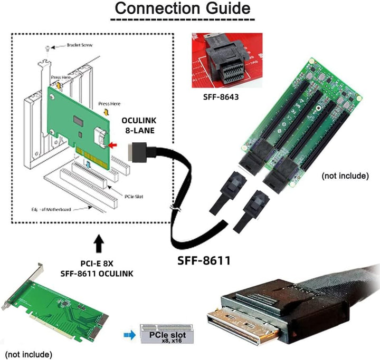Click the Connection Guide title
coord(183,9)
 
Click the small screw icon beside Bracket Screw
coord(48,48)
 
